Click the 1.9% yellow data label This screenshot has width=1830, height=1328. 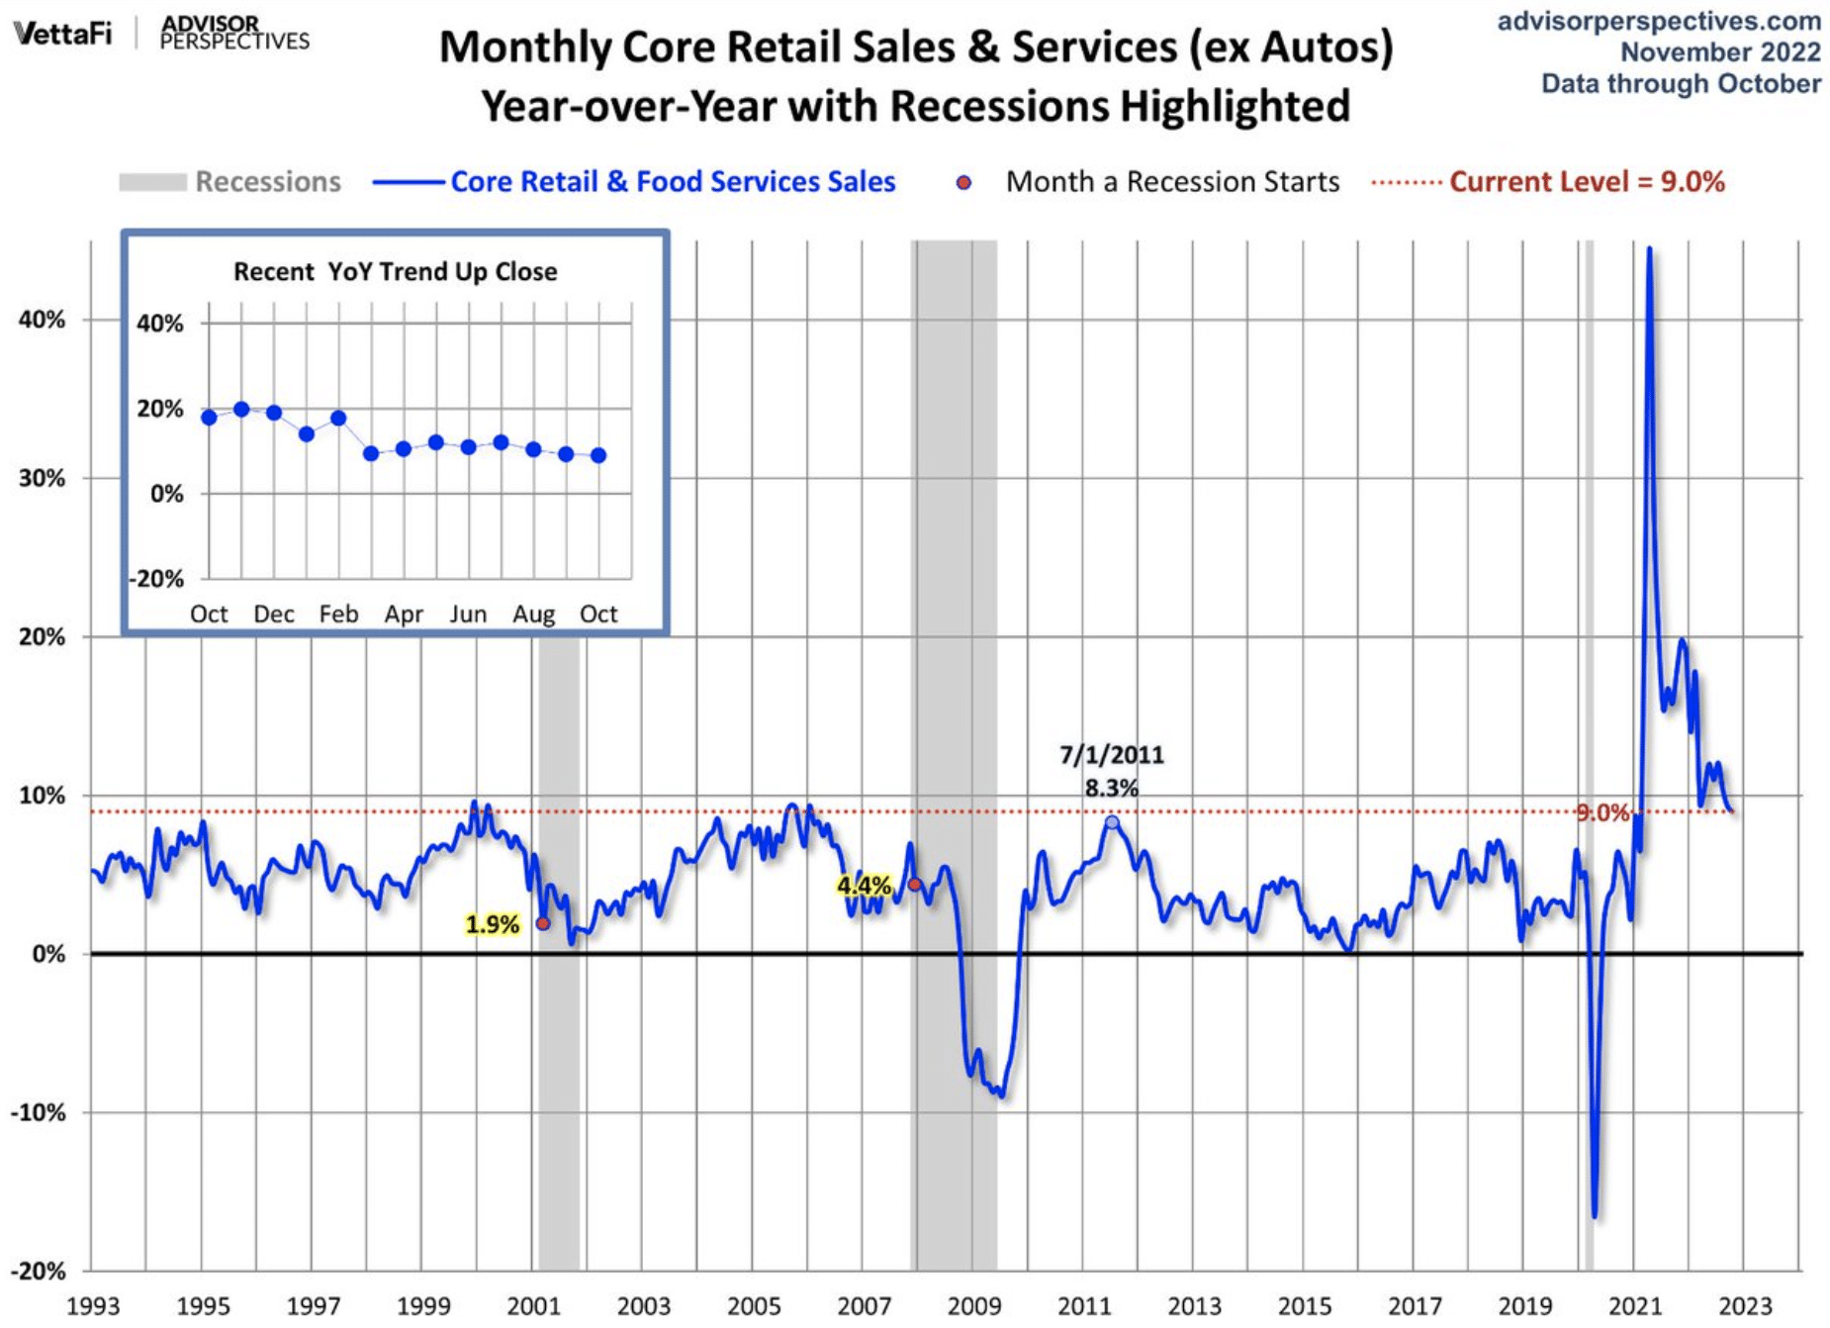(x=492, y=924)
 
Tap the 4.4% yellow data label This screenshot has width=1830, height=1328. (x=863, y=885)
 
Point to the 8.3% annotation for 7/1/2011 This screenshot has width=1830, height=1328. (x=1111, y=789)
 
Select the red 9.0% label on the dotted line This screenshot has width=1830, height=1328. (x=1601, y=812)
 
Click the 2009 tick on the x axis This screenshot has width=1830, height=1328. (x=973, y=1306)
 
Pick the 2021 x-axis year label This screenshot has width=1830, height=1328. (x=1634, y=1306)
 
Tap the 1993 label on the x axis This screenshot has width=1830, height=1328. (x=92, y=1306)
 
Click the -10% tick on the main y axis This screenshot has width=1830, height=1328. (x=39, y=1112)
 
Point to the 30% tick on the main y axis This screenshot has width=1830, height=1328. (x=42, y=478)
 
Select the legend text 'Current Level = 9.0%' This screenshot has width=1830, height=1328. (x=1587, y=182)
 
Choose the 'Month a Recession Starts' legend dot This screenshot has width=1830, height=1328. (x=963, y=183)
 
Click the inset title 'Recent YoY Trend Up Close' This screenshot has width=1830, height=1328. (x=395, y=272)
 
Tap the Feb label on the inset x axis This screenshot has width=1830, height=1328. (x=338, y=615)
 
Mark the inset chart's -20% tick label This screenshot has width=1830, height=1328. (x=157, y=579)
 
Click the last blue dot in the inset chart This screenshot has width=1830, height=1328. (x=598, y=455)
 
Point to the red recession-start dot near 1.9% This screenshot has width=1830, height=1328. (x=543, y=923)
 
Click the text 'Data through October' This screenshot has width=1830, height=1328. (x=1681, y=84)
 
